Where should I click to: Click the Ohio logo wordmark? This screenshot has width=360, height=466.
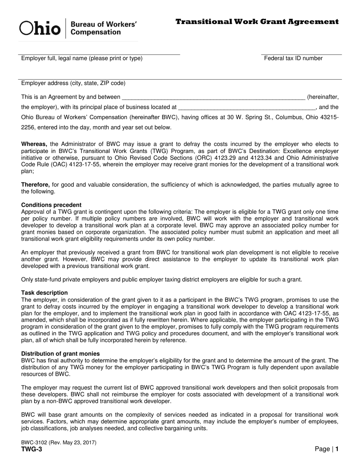(40, 29)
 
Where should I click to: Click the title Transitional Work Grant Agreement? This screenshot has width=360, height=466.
(257, 22)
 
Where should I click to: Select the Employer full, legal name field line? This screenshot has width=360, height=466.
(100, 54)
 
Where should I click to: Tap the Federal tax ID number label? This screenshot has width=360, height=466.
(293, 58)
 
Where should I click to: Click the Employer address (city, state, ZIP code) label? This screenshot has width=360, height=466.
(73, 83)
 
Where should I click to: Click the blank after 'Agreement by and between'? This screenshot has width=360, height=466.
(213, 97)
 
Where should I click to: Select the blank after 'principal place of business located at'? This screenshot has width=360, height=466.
(246, 108)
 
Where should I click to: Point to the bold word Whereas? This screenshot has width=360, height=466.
(34, 144)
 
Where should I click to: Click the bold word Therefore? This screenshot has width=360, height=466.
(35, 185)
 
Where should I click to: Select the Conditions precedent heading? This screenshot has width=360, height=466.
(51, 205)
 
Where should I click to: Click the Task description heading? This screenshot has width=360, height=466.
(44, 293)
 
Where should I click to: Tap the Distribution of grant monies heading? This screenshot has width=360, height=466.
(60, 353)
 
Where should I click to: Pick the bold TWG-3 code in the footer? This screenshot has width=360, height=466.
(31, 449)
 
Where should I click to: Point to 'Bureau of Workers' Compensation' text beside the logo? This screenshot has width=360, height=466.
(103, 28)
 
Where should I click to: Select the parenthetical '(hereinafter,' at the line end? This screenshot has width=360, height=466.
(322, 97)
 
